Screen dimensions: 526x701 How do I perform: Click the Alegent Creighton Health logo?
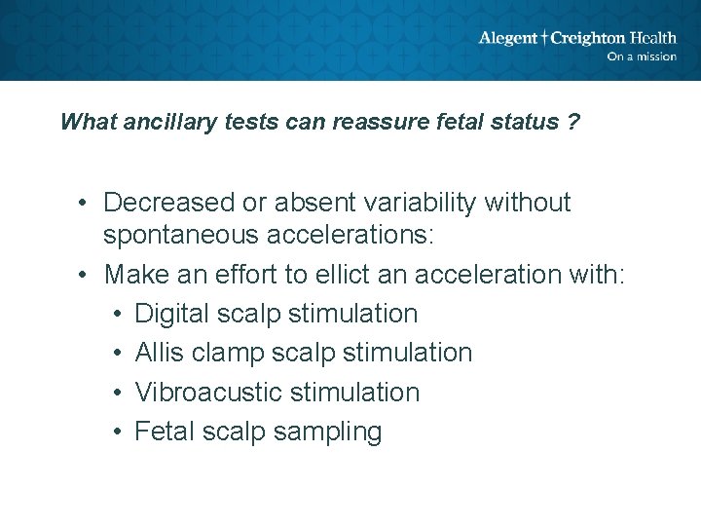click(576, 38)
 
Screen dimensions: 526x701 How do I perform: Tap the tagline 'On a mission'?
click(641, 56)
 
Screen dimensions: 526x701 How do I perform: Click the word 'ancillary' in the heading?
click(167, 123)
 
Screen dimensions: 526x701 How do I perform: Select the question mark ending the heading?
click(574, 123)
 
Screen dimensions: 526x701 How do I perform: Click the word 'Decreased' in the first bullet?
click(169, 203)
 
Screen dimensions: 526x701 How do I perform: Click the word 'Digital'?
click(171, 314)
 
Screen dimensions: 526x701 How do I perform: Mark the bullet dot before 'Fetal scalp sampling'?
click(115, 432)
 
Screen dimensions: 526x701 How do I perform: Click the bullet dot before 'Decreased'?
click(86, 203)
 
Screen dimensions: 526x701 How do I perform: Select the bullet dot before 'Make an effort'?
click(86, 275)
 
